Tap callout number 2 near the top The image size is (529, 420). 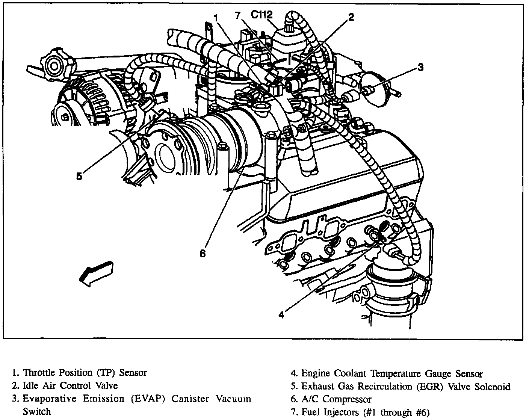pos(351,17)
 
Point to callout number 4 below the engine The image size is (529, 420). pos(281,314)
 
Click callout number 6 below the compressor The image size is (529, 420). pos(203,254)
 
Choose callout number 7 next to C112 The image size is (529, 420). pos(237,16)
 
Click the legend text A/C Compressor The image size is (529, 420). pos(336,399)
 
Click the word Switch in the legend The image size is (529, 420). pos(36,411)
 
